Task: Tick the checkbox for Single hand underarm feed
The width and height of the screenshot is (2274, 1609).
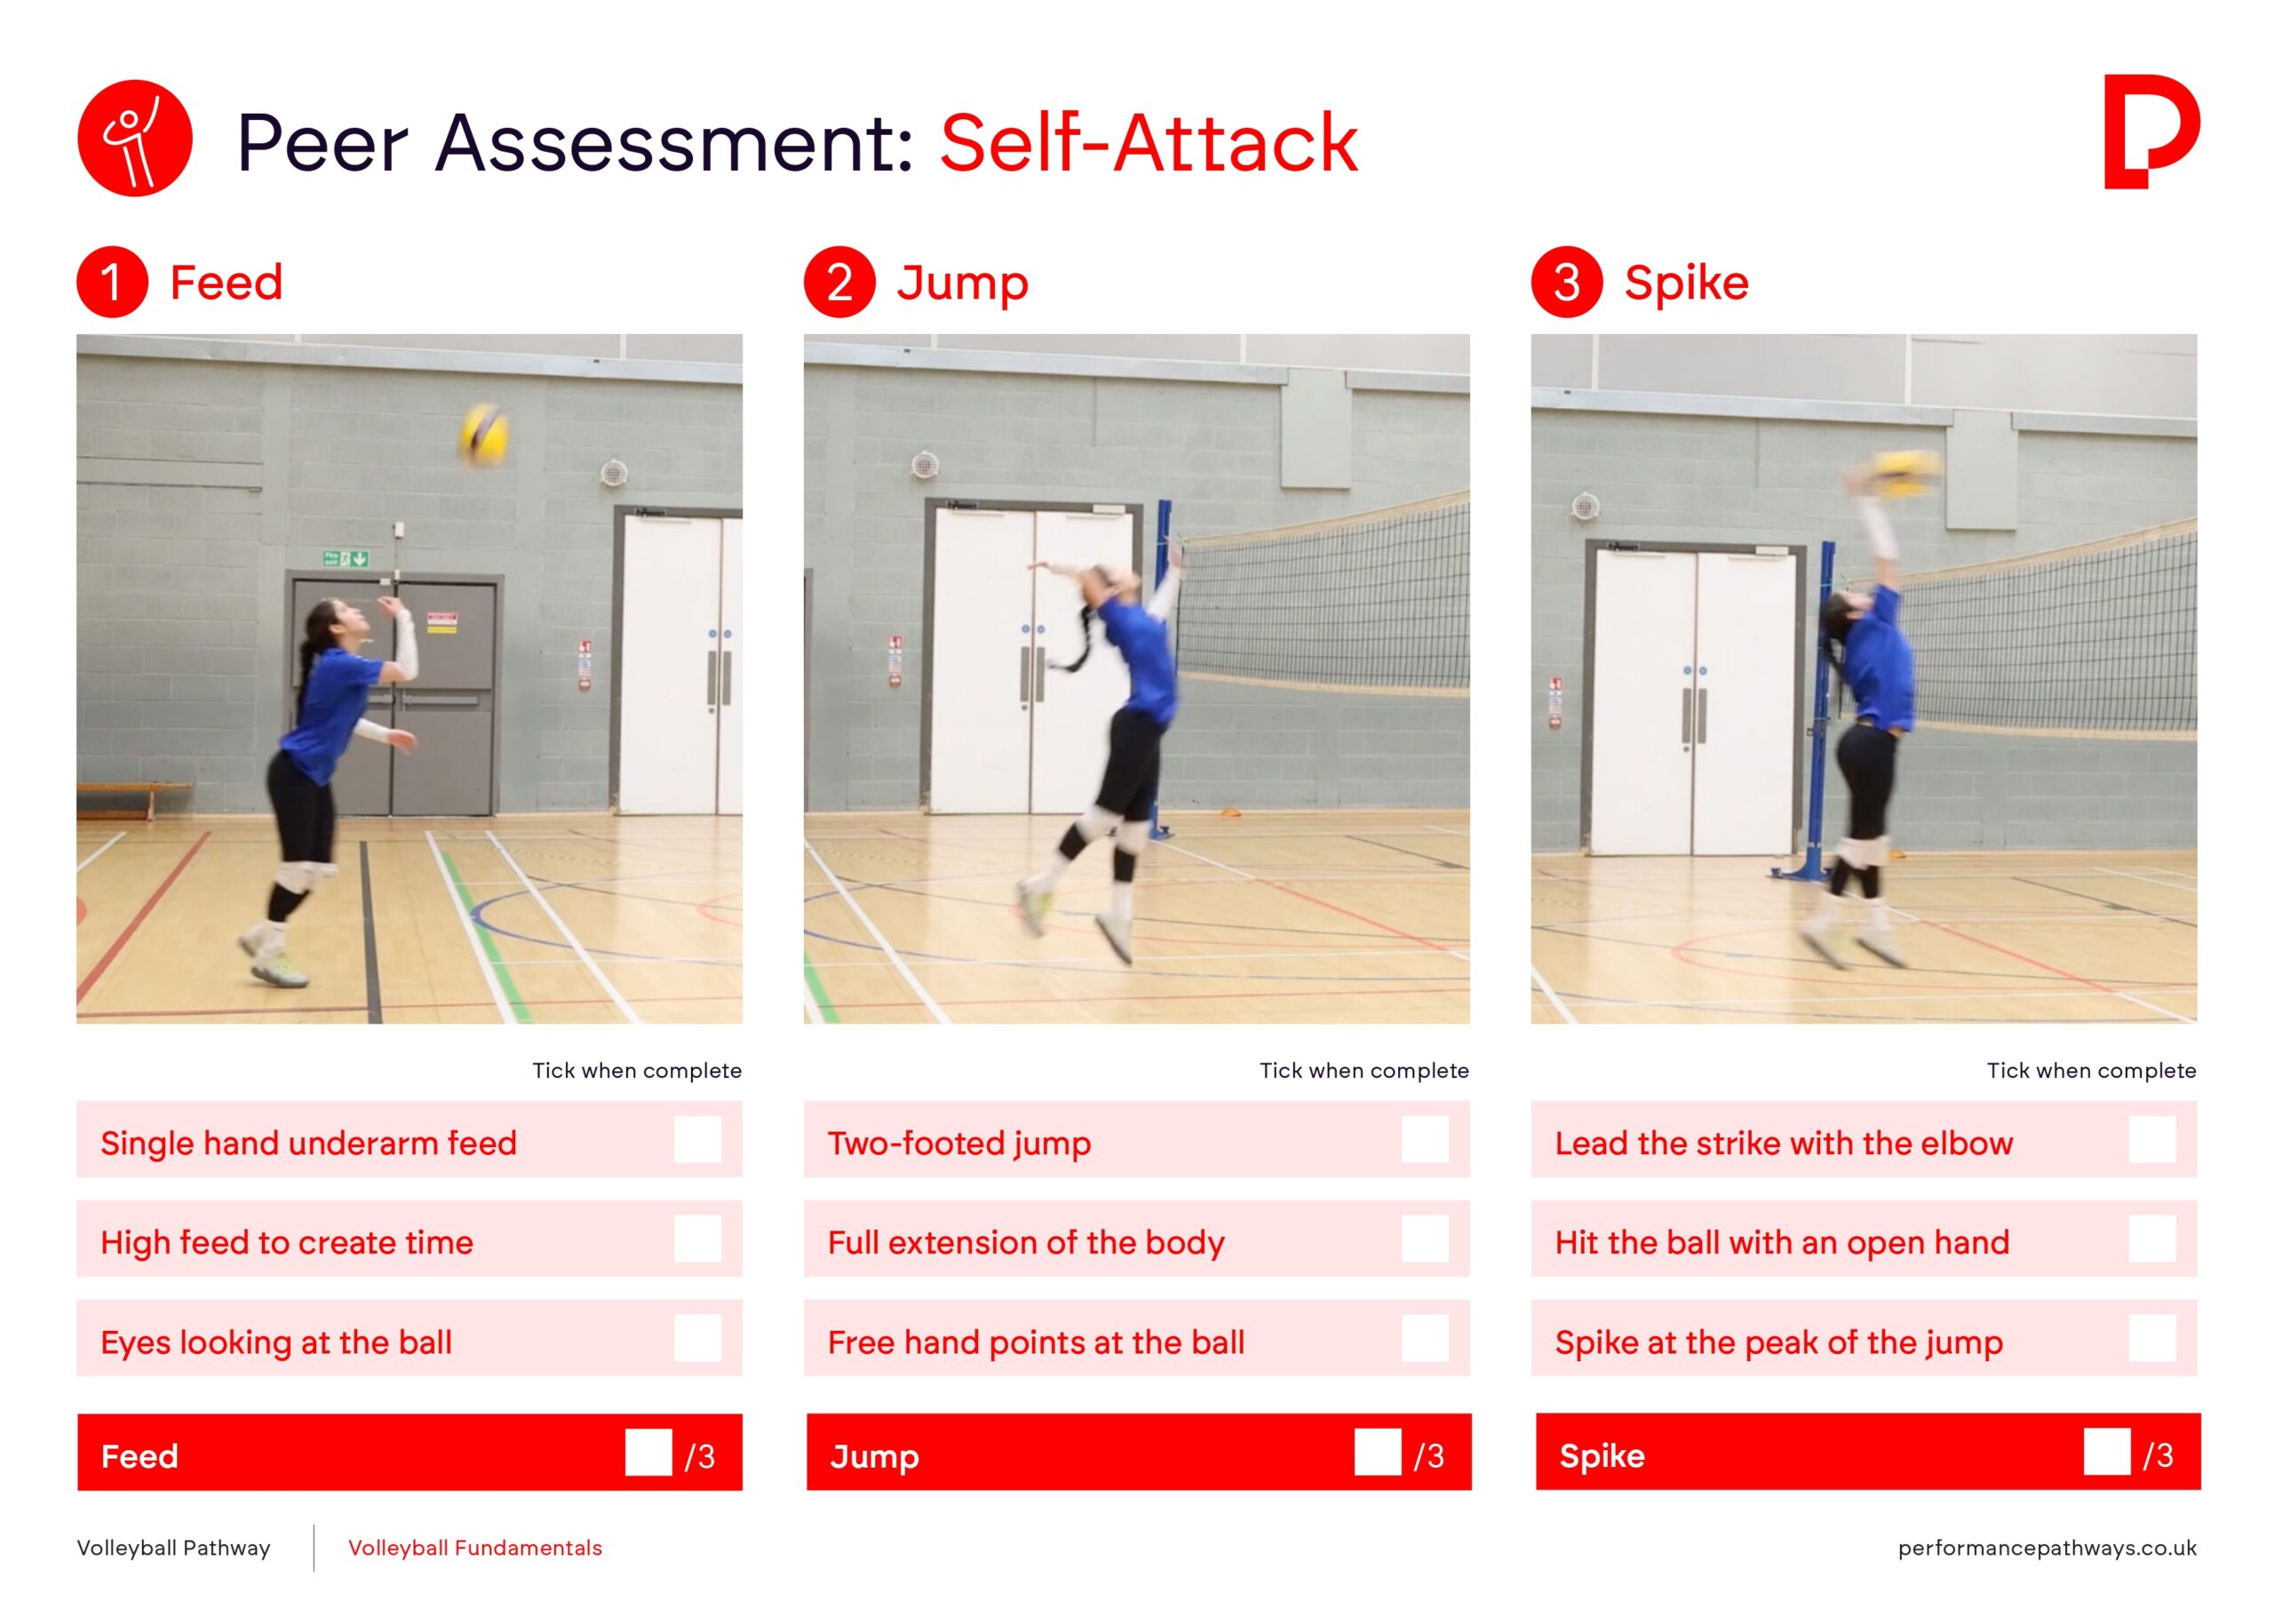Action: pyautogui.click(x=697, y=1139)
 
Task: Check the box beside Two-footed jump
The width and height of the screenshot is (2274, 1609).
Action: pyautogui.click(x=1424, y=1139)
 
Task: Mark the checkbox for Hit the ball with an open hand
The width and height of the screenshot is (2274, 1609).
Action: pyautogui.click(x=2152, y=1239)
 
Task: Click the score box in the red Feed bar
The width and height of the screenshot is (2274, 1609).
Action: pyautogui.click(x=648, y=1452)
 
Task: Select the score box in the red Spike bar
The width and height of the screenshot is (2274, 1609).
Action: pyautogui.click(x=2107, y=1452)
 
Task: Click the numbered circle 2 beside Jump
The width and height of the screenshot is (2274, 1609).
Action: pyautogui.click(x=839, y=282)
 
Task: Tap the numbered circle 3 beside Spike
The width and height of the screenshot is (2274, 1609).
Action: pyautogui.click(x=1567, y=282)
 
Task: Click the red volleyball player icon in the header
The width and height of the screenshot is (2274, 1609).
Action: pyautogui.click(x=135, y=138)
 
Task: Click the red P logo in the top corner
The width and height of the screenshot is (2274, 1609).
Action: pyautogui.click(x=2151, y=131)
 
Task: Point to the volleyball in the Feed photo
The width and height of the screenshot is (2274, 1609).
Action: pyautogui.click(x=484, y=434)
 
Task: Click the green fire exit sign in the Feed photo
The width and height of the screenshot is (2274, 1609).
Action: pyautogui.click(x=346, y=559)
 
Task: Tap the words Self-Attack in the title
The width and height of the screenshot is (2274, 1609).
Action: pyautogui.click(x=1149, y=143)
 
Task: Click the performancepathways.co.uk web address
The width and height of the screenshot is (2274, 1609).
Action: pyautogui.click(x=2047, y=1548)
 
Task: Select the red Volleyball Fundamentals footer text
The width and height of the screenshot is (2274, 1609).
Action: pyautogui.click(x=475, y=1548)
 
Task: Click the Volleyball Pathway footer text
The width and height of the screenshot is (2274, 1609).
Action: pyautogui.click(x=173, y=1548)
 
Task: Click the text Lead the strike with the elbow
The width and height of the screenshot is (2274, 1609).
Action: pyautogui.click(x=1784, y=1143)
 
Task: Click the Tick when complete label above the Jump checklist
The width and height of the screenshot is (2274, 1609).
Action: pyautogui.click(x=1364, y=1070)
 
